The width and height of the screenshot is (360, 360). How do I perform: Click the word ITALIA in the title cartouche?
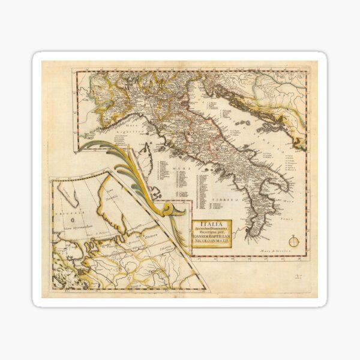(x=211, y=224)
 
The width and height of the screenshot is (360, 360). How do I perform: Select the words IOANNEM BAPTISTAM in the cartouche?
(x=211, y=238)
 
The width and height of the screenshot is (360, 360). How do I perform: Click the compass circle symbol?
(x=293, y=242)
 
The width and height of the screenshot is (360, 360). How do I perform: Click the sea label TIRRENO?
(x=229, y=196)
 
